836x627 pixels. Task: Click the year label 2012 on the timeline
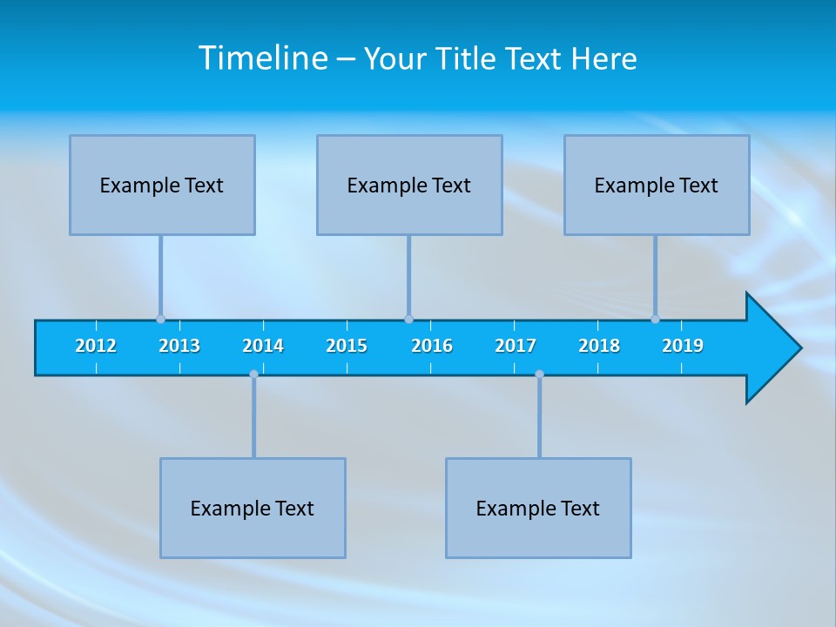tap(96, 346)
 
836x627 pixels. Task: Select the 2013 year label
tap(179, 346)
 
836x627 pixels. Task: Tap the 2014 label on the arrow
tap(263, 346)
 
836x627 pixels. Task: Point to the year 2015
tap(347, 346)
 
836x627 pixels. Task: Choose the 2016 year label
tap(432, 346)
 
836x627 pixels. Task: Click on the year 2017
tap(516, 346)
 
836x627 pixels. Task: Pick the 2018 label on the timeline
tap(599, 346)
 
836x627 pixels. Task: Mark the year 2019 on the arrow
tap(683, 346)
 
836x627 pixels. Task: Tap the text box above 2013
tap(162, 185)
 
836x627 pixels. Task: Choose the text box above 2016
tap(409, 185)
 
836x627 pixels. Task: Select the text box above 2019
tap(657, 185)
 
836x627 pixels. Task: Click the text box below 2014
tap(253, 508)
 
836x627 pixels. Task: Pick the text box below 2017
tap(538, 508)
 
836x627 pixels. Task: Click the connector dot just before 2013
tap(160, 319)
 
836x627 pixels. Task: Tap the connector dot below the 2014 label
tap(253, 374)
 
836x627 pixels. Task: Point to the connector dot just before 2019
tap(655, 319)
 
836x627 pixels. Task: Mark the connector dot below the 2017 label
tap(539, 374)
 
